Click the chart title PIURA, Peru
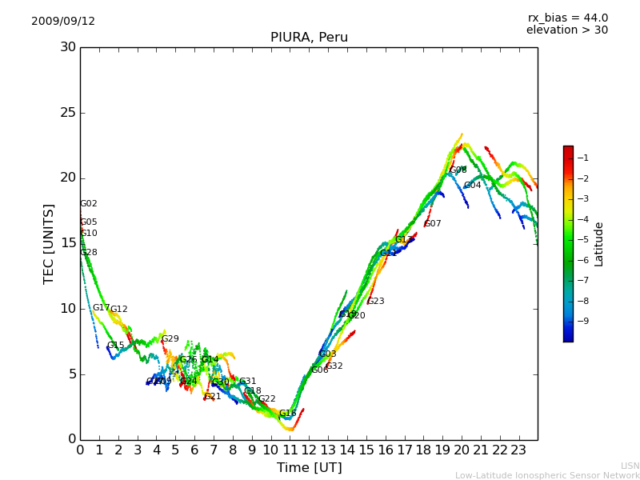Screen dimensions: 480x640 pos(309,38)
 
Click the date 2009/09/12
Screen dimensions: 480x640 pos(63,22)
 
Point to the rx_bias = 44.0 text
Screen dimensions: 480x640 pos(567,18)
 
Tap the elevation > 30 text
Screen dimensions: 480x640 pos(566,30)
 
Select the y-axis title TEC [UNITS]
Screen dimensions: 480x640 pos(49,243)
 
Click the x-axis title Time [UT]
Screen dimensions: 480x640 pos(309,468)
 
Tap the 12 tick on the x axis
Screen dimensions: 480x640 pos(310,450)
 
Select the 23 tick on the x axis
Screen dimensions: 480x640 pos(519,450)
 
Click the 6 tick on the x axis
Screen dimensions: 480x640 pos(194,450)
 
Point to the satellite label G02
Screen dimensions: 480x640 pos(88,204)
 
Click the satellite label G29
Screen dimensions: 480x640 pos(170,339)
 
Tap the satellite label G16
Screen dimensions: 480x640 pos(287,414)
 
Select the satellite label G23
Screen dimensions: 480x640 pos(375,302)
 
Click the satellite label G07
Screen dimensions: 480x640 pos(433,224)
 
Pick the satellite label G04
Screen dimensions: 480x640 pos(472,186)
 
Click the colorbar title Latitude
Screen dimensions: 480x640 pos(599,244)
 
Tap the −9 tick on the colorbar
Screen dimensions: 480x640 pos(583,322)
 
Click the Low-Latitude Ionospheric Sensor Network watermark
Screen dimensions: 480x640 pos(547,476)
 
